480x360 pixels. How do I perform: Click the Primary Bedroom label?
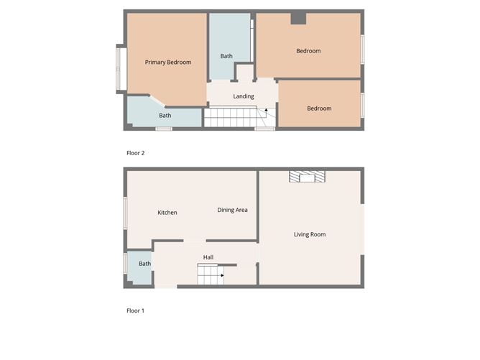(168, 63)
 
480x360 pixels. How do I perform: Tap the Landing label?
(244, 96)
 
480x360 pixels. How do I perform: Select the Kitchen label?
(167, 213)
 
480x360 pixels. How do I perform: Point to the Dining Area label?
(233, 210)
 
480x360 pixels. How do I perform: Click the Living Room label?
(310, 234)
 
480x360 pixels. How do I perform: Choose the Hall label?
(208, 257)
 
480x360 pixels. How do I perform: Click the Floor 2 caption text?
(135, 153)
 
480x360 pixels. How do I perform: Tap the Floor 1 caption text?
(135, 311)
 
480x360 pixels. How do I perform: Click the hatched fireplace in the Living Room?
(307, 177)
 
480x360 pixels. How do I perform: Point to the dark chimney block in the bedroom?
(299, 19)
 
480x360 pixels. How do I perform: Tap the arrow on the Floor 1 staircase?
(222, 274)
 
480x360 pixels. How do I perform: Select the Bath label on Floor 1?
(145, 264)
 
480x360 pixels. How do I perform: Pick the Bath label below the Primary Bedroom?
(165, 116)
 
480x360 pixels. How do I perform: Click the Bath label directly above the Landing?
(226, 56)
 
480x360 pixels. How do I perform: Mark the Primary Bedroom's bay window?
(121, 69)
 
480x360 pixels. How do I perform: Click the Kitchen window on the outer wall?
(126, 213)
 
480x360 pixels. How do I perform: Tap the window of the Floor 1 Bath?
(126, 264)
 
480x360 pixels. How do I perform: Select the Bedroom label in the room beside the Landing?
(319, 109)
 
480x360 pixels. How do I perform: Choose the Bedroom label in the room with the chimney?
(308, 51)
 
